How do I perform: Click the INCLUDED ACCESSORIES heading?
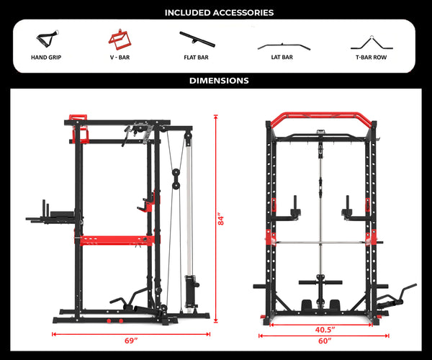(219, 12)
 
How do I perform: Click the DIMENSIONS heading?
(219, 81)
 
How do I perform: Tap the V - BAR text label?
(119, 56)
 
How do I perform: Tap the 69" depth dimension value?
(130, 341)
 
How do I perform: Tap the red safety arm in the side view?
(115, 240)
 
